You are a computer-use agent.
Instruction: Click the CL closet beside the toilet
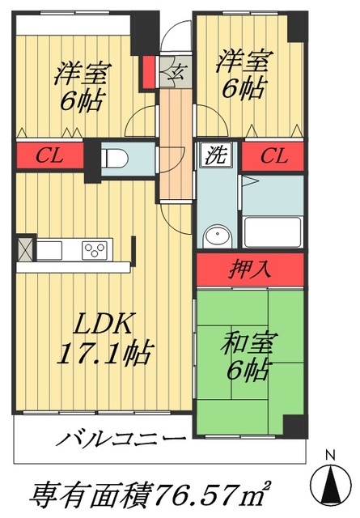point(50,155)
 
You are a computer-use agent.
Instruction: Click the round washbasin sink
point(216,236)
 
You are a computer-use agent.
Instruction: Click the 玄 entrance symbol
point(173,75)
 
